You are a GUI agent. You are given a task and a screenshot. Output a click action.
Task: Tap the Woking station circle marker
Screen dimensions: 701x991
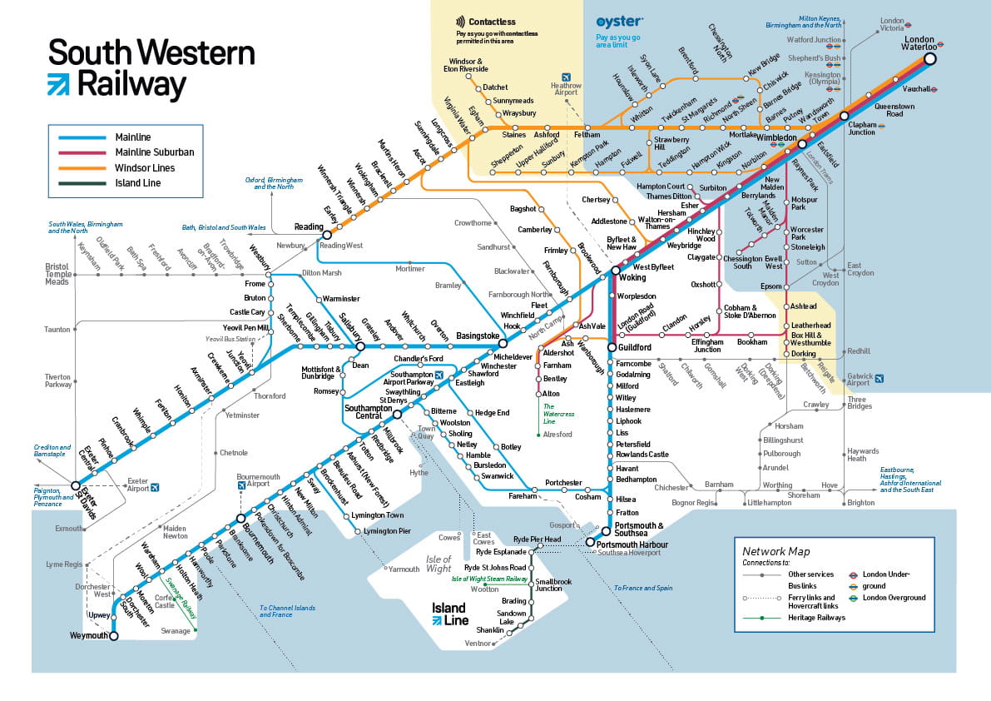(616, 271)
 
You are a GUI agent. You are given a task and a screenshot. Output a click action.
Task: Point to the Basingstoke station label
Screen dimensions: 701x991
(478, 336)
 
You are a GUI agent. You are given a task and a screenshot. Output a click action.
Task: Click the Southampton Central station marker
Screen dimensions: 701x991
(397, 414)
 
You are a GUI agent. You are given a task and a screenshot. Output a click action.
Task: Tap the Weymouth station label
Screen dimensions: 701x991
(89, 636)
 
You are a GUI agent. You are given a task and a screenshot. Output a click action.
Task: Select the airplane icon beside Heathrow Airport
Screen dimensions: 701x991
(566, 77)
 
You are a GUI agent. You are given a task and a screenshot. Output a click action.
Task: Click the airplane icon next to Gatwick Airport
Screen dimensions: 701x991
(879, 379)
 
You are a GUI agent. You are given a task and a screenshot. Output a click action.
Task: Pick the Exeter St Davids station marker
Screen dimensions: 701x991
(76, 485)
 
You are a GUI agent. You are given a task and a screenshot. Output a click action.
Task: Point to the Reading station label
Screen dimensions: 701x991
(308, 226)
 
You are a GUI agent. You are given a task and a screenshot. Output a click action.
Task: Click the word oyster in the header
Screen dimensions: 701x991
(619, 22)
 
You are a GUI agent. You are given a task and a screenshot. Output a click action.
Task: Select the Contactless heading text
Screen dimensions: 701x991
(492, 22)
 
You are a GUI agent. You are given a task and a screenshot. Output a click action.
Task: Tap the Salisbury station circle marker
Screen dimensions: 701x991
(360, 346)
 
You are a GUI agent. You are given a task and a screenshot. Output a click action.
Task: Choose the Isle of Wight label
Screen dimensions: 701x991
(439, 564)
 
